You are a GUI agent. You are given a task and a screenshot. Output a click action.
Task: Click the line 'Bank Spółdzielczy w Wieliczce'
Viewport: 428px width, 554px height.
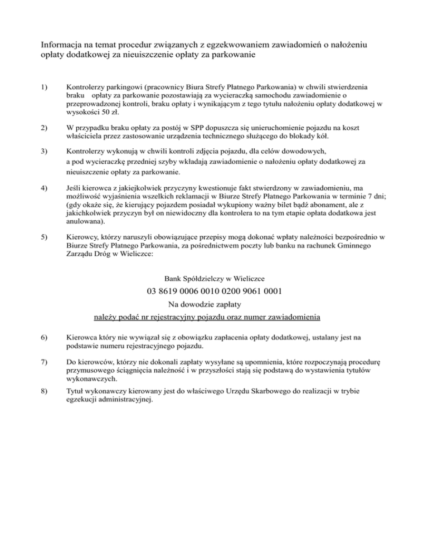pos(215,277)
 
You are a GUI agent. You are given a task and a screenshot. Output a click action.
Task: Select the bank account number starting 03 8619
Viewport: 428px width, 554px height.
pos(215,290)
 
